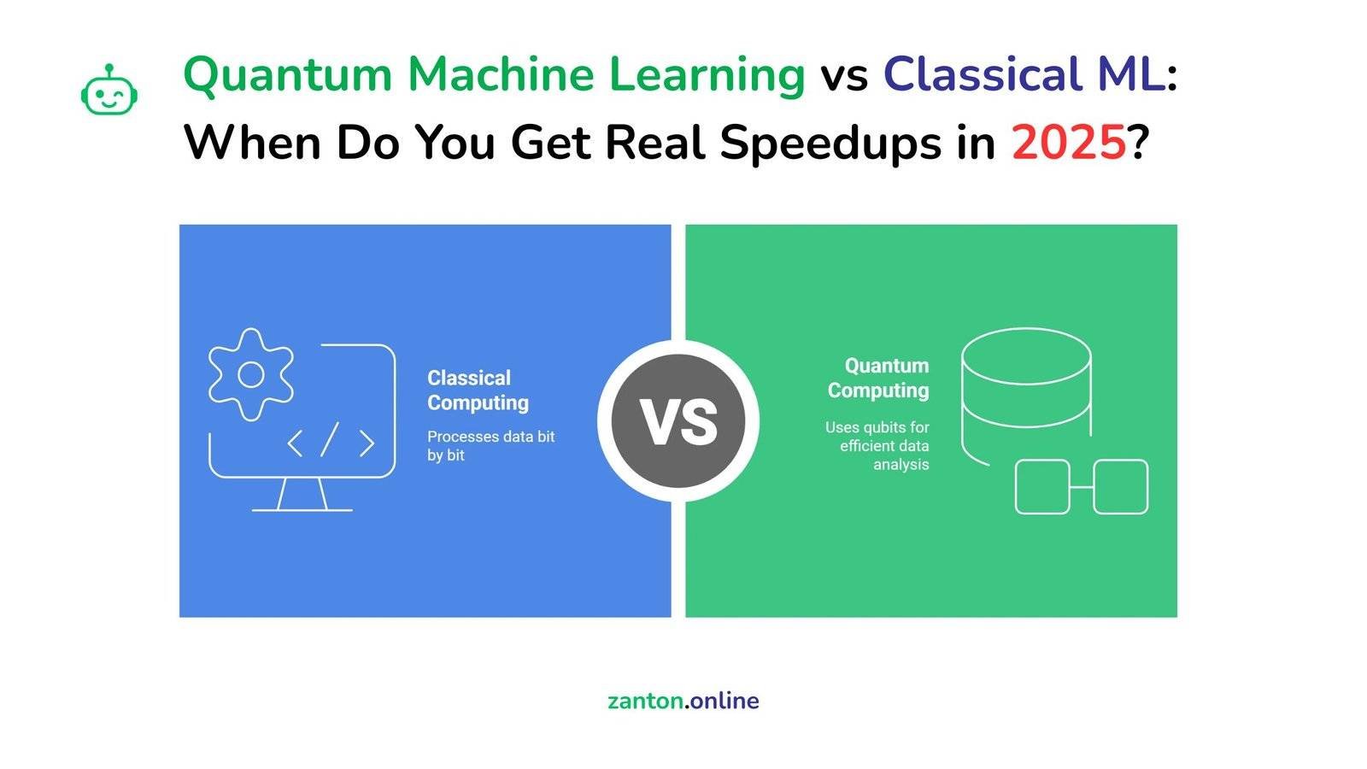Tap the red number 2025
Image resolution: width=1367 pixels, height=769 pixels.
(1068, 143)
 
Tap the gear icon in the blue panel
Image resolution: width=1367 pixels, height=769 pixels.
(250, 374)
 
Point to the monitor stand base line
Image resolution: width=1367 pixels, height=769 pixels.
(302, 510)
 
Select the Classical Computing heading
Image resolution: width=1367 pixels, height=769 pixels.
(478, 390)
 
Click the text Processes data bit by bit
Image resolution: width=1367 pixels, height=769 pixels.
(490, 445)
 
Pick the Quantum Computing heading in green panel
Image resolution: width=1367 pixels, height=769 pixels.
(878, 378)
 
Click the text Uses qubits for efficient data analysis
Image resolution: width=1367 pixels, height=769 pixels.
(878, 445)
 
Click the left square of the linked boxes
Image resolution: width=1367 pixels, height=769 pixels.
(1041, 487)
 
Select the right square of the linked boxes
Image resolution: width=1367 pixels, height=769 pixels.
(1120, 487)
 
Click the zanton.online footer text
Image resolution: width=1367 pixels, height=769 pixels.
(683, 701)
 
